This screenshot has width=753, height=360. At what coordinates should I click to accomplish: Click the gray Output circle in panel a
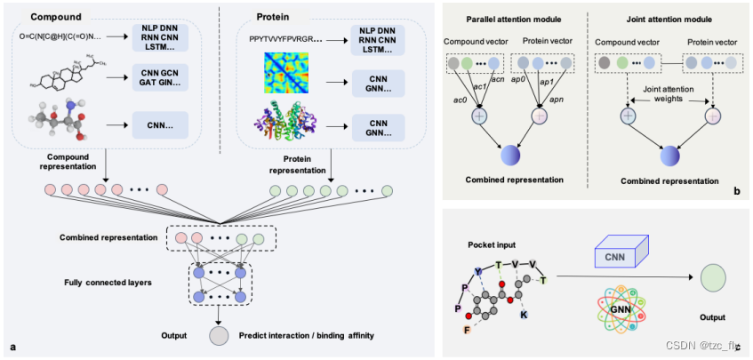[219, 335]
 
